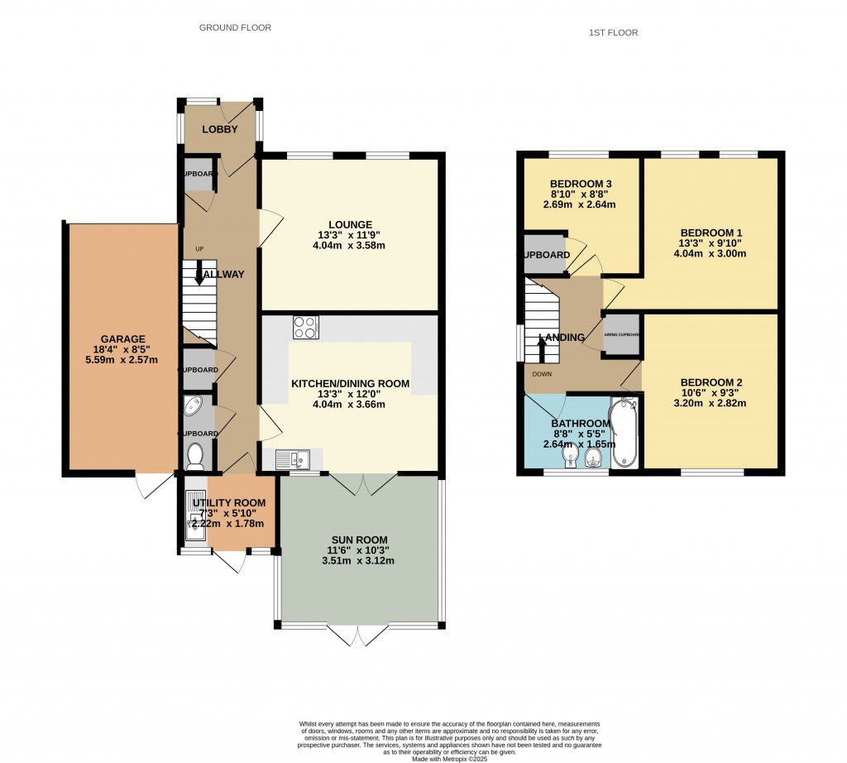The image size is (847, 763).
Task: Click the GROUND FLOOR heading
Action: [235, 27]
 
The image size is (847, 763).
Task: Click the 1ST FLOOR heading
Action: [613, 33]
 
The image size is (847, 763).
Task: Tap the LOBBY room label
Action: [220, 130]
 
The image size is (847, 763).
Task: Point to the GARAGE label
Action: [123, 338]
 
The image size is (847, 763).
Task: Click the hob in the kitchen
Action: [305, 328]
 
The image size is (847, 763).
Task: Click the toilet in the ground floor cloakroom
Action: [196, 455]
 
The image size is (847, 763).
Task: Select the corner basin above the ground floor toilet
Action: [193, 406]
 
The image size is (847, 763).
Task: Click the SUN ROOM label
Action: [360, 540]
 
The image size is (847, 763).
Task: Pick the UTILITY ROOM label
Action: [229, 503]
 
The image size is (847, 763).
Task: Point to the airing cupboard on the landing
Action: [622, 335]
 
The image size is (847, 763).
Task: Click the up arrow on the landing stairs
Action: [542, 348]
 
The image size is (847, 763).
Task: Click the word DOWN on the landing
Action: [542, 373]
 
